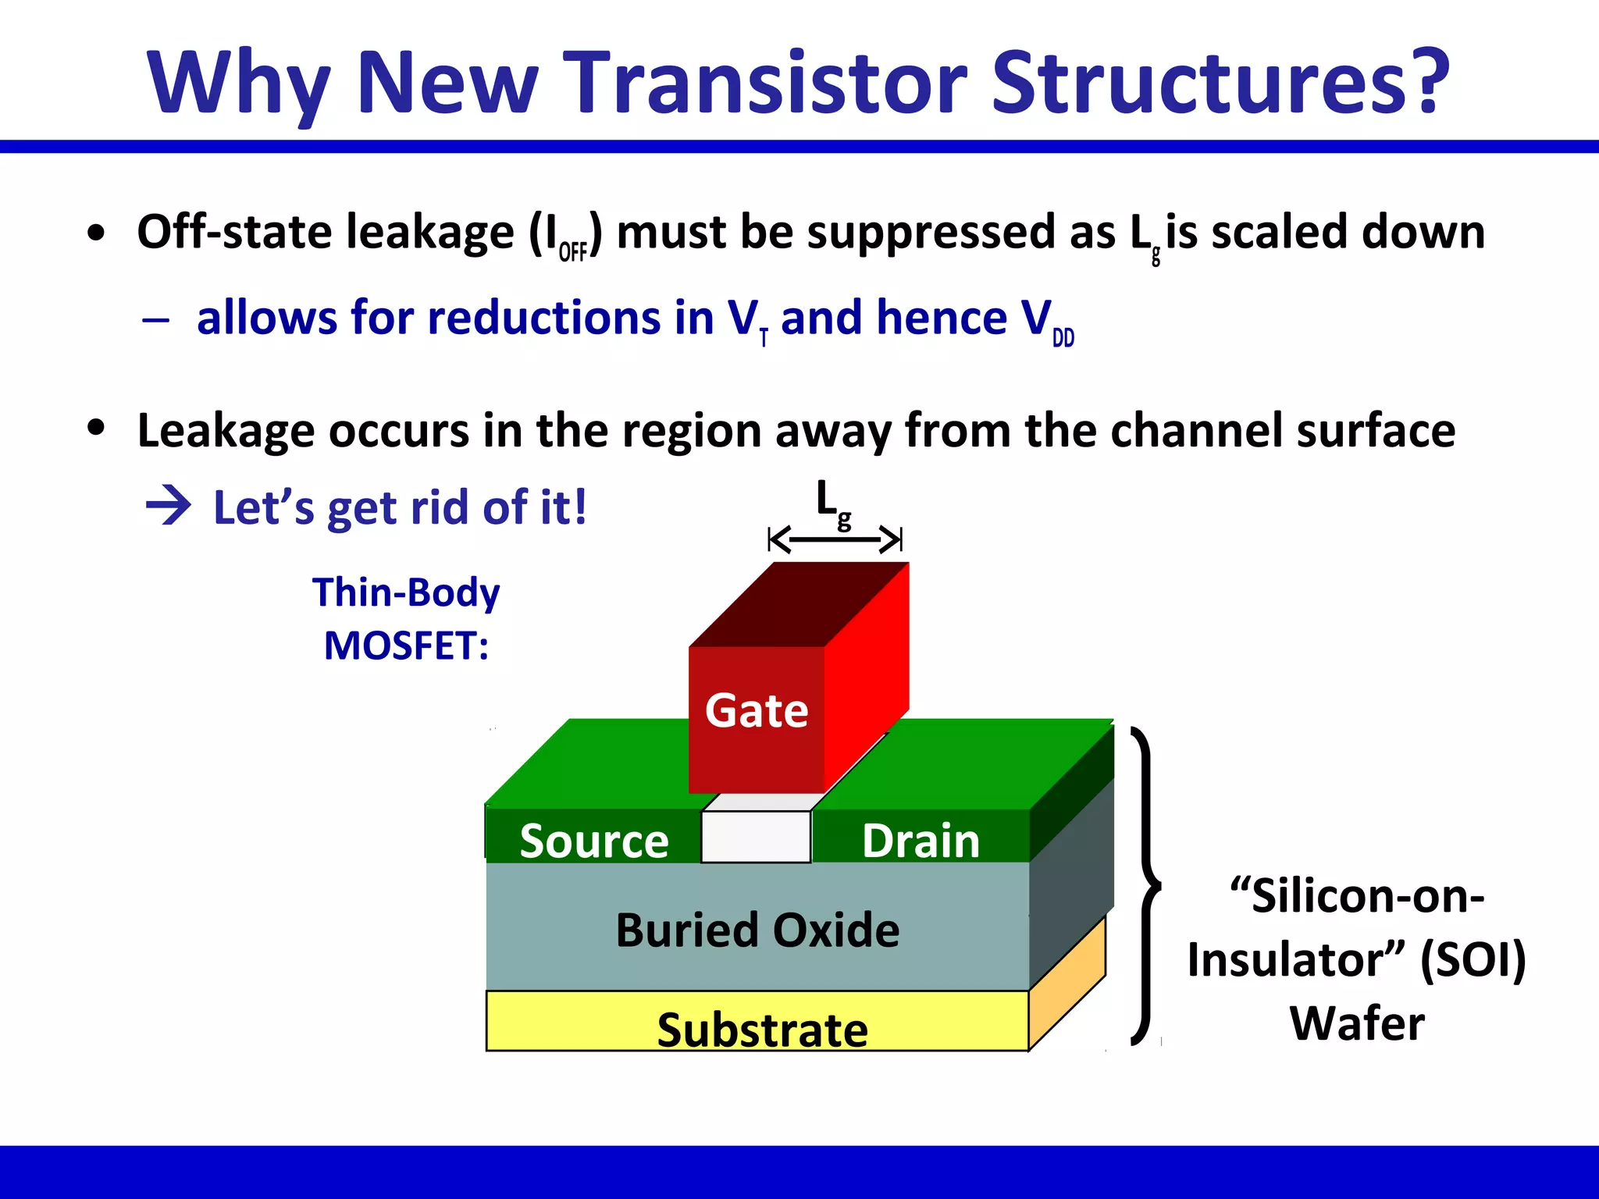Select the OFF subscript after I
(x=572, y=252)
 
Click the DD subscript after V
(x=1063, y=338)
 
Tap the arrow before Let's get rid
(x=169, y=506)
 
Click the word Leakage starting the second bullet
(x=224, y=430)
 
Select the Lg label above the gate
(x=832, y=503)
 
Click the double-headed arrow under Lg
(x=835, y=539)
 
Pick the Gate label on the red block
(x=756, y=710)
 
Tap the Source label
(x=593, y=841)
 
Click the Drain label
(x=920, y=841)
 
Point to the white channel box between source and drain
(x=755, y=836)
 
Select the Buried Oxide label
(x=757, y=930)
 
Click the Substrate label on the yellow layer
(x=761, y=1029)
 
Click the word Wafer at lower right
(x=1356, y=1023)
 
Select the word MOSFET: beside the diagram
(x=406, y=646)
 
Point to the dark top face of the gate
(x=796, y=605)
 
